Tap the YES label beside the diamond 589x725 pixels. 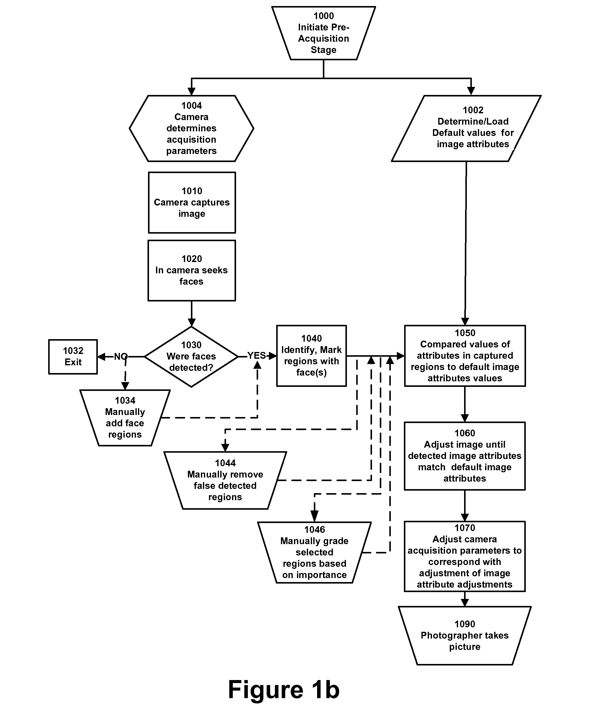[x=257, y=356]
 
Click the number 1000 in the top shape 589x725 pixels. [x=324, y=16]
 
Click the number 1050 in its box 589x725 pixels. [x=465, y=333]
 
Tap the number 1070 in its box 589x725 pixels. [x=465, y=528]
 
